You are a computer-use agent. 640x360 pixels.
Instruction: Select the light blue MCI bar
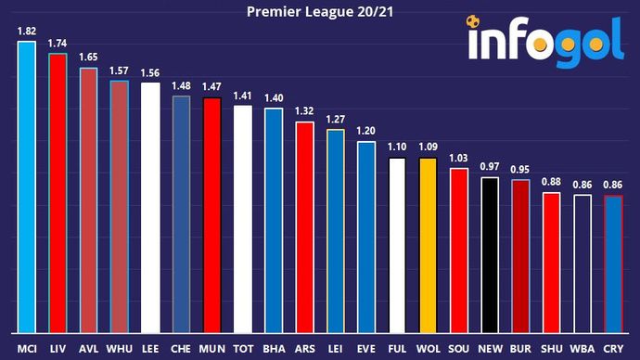coord(26,186)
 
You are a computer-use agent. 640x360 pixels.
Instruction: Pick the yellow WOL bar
coord(428,245)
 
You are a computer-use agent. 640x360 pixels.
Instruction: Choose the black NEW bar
coord(490,254)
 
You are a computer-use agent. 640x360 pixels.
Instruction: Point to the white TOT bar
coord(242,219)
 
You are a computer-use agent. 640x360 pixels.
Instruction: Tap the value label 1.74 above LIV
coord(57,44)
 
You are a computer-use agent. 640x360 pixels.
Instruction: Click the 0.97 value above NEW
coord(490,166)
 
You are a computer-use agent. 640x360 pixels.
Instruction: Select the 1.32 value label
coord(304,111)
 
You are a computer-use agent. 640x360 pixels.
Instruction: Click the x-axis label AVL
coord(88,347)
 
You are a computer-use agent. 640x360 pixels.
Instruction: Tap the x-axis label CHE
coord(181,347)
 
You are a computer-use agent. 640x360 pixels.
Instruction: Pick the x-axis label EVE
coord(366,347)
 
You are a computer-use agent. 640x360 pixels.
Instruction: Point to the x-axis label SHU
coord(552,347)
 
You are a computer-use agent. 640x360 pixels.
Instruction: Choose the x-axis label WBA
coord(582,347)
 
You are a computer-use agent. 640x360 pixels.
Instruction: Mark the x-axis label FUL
coord(397,347)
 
